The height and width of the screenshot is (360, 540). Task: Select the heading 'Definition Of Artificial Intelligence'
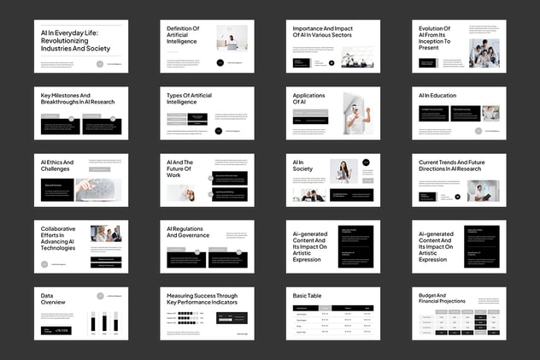coord(183,34)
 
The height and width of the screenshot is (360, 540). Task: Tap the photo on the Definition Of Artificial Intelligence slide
coord(232,38)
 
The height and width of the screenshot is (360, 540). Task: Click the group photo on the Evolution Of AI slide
coord(484,53)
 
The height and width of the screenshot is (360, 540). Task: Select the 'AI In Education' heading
coord(437,96)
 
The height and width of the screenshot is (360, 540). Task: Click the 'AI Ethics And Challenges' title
coord(57,165)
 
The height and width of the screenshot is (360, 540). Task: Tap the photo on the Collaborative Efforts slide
coord(107,233)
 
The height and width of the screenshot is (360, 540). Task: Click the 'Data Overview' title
coord(53,298)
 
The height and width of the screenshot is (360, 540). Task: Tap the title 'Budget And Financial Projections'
coord(442,298)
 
